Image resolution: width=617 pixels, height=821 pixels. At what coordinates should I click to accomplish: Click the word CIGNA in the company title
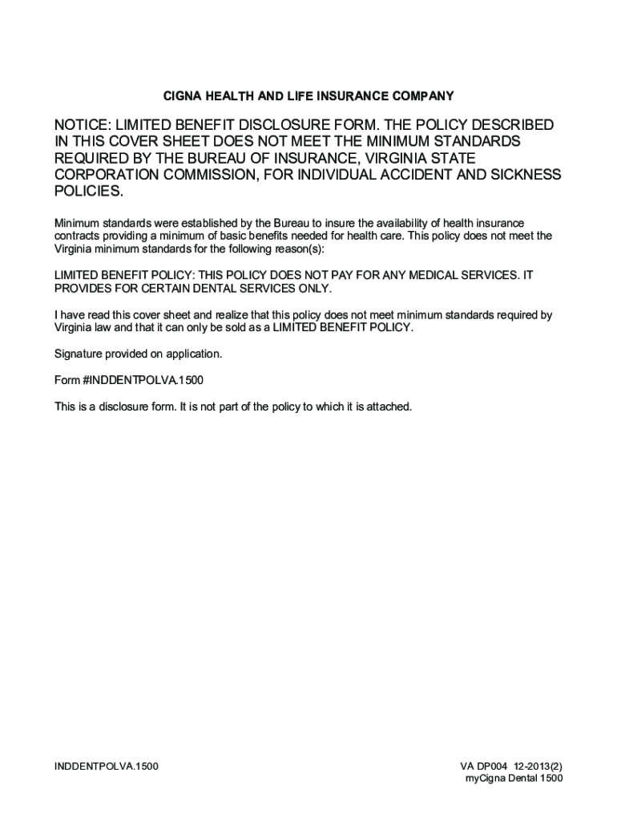coord(181,96)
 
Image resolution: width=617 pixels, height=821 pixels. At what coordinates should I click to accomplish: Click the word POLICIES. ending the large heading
coord(89,192)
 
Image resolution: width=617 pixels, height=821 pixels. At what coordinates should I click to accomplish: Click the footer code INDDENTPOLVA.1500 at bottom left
coord(106,766)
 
